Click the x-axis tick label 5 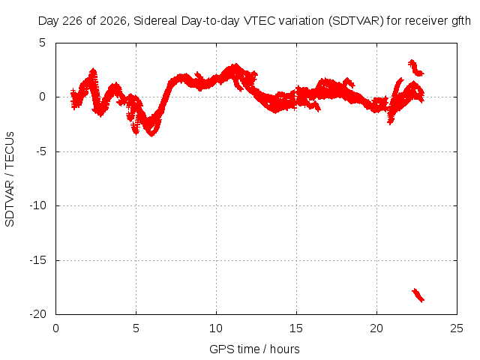click(x=136, y=328)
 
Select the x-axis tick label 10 click(x=216, y=328)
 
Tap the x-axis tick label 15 click(x=296, y=328)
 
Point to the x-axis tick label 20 click(x=376, y=328)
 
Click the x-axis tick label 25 click(x=457, y=328)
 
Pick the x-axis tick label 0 click(x=55, y=328)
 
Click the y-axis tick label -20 click(x=38, y=314)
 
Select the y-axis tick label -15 click(x=38, y=260)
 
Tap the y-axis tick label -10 click(x=38, y=205)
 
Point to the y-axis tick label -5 click(x=41, y=151)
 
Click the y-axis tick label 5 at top click(x=43, y=43)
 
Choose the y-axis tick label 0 click(x=43, y=97)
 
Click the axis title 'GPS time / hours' click(x=254, y=349)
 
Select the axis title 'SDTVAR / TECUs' click(x=10, y=179)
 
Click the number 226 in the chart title click(x=72, y=21)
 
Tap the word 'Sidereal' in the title click(x=155, y=21)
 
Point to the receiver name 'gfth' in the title click(x=461, y=21)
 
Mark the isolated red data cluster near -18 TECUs click(x=418, y=295)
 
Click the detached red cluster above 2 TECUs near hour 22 click(x=416, y=68)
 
